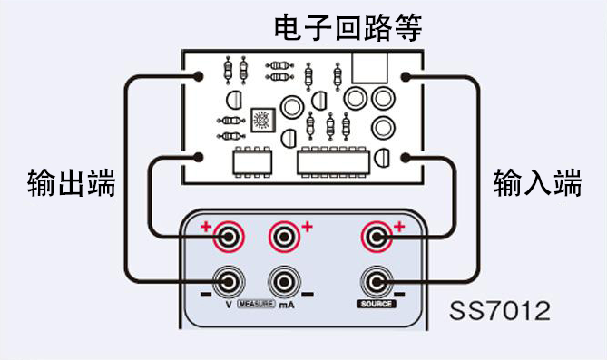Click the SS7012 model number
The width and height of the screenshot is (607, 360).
point(500,313)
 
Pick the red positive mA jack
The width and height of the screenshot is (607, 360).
point(284,238)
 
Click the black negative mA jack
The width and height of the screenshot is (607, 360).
point(284,280)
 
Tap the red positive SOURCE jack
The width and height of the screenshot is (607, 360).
point(375,238)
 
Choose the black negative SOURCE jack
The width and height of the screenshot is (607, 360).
point(375,280)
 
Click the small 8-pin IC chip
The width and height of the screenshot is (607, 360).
point(251,161)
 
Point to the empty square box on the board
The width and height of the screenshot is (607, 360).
point(369,66)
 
